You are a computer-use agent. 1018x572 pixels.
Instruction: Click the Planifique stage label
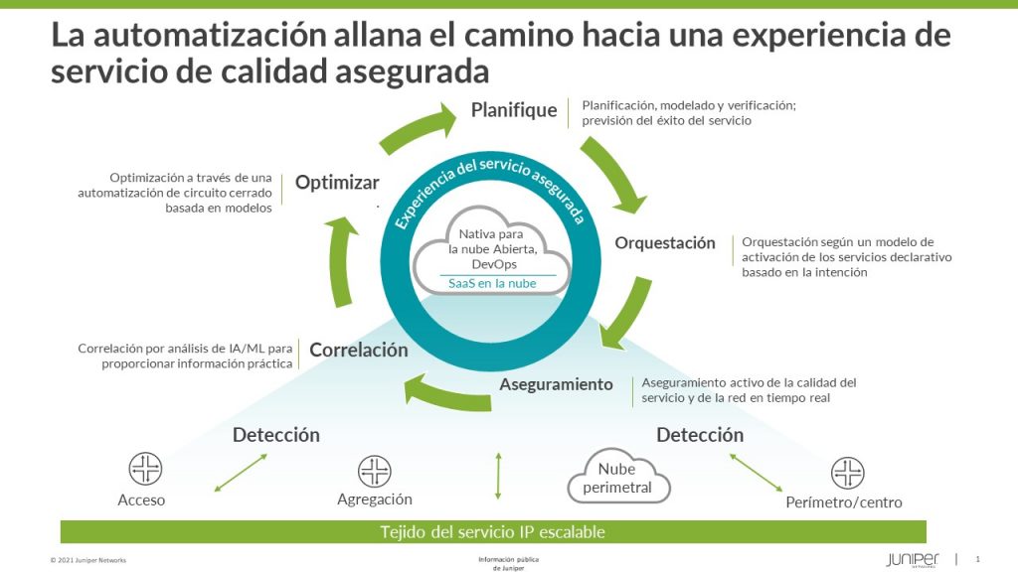514,110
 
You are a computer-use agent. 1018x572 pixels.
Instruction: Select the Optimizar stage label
337,183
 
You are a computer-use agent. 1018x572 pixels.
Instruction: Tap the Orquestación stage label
665,243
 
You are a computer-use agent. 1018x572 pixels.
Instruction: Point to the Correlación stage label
359,350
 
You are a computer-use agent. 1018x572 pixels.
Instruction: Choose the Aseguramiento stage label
556,384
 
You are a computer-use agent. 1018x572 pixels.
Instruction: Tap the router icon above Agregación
375,470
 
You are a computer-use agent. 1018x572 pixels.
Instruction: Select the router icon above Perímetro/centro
848,472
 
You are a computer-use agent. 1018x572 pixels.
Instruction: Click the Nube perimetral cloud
618,479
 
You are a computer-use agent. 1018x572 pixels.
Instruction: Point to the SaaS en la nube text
492,283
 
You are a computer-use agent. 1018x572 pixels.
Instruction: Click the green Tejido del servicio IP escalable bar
493,531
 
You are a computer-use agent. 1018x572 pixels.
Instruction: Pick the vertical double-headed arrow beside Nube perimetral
498,476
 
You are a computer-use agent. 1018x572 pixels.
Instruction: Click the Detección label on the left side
276,435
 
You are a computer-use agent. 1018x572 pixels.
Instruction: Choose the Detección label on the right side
700,435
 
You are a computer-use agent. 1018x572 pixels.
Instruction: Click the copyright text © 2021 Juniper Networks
88,560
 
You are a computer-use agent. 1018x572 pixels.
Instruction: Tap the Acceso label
141,500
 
